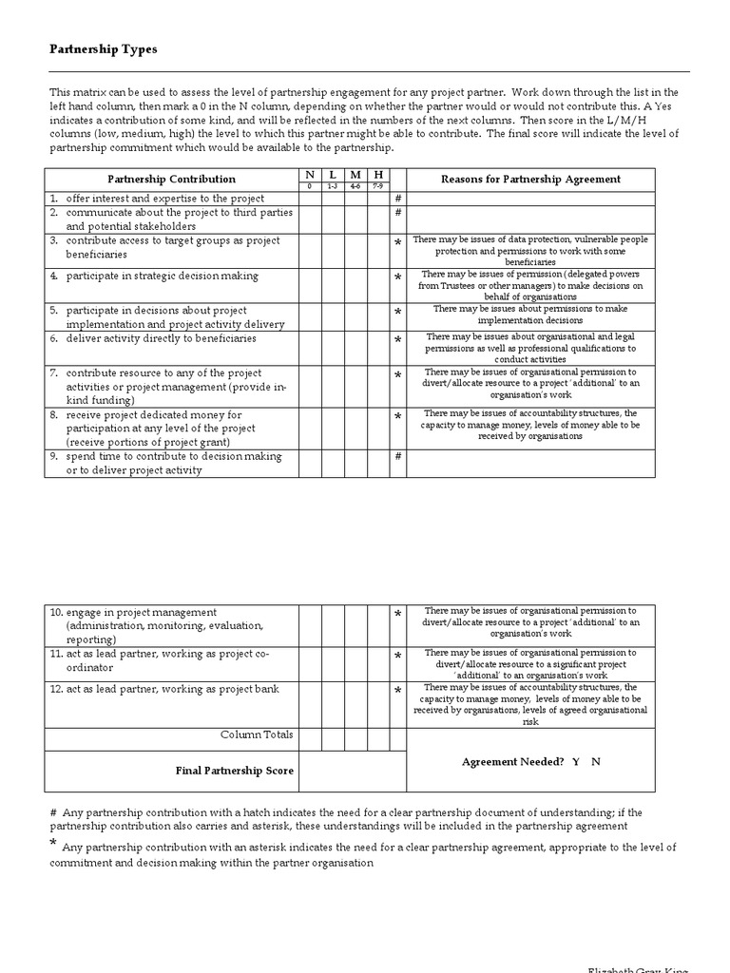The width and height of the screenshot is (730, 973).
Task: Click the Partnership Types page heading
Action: (x=104, y=49)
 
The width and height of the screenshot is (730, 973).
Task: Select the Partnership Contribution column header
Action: (x=171, y=179)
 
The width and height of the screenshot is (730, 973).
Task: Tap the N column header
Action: (x=310, y=175)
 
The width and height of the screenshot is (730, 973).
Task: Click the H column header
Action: (x=378, y=175)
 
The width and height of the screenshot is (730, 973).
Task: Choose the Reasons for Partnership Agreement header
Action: (x=530, y=179)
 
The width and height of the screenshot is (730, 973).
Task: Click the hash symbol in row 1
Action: (x=398, y=199)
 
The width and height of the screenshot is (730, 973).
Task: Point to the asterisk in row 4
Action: (x=398, y=278)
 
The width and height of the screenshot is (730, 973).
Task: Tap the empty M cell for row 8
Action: (x=355, y=429)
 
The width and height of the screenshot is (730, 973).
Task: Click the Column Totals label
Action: (x=257, y=735)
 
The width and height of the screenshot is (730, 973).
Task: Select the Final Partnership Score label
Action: (x=235, y=771)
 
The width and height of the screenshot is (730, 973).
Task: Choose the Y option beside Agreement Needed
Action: (x=576, y=762)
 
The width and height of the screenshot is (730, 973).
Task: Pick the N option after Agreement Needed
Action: (x=596, y=762)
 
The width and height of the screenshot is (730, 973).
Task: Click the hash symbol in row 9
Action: (x=398, y=457)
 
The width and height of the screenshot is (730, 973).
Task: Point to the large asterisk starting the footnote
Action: (x=53, y=845)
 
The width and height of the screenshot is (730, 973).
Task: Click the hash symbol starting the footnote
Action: (x=52, y=812)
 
